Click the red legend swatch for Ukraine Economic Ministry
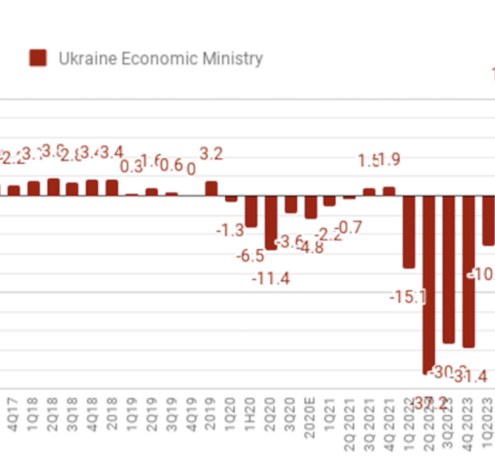tap(38, 58)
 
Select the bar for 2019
tap(211, 189)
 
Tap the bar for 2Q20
tap(271, 222)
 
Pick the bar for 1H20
tap(251, 211)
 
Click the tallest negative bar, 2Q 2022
tap(429, 284)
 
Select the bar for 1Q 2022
tap(409, 232)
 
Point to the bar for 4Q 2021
tap(389, 191)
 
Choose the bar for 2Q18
tap(53, 187)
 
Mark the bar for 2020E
tap(311, 207)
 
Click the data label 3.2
tap(211, 154)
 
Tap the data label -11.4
tap(271, 279)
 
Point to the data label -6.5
tap(250, 256)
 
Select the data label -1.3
tap(230, 231)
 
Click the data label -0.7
tap(349, 228)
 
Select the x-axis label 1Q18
tap(33, 414)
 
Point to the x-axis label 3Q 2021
tap(370, 424)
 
